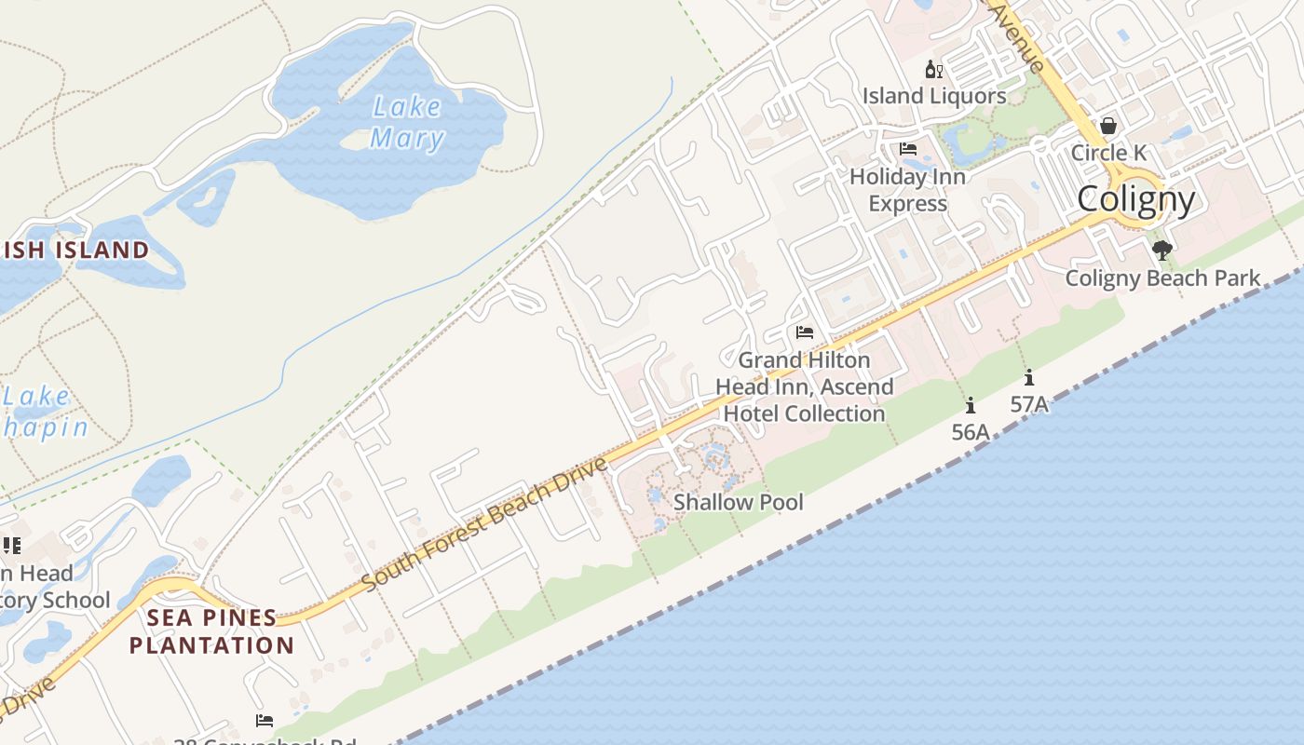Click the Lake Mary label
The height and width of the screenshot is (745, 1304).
pyautogui.click(x=406, y=122)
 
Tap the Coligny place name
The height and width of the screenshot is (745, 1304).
pyautogui.click(x=1135, y=199)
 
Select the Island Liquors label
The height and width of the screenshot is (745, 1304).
pyautogui.click(x=933, y=96)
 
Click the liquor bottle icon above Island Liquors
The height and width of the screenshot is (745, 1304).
pyautogui.click(x=933, y=70)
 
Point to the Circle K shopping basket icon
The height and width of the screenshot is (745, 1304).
pyautogui.click(x=1108, y=126)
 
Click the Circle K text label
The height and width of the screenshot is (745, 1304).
pyautogui.click(x=1108, y=153)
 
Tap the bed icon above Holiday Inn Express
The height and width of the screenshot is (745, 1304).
pyautogui.click(x=908, y=149)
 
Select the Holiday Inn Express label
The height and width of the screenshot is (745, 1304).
pyautogui.click(x=907, y=190)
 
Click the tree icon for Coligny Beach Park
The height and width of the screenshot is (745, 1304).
pyautogui.click(x=1161, y=250)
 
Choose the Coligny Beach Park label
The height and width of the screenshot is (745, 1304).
pyautogui.click(x=1161, y=278)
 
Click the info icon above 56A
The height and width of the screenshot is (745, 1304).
pyautogui.click(x=971, y=405)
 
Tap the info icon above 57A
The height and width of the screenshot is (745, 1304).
pyautogui.click(x=1029, y=377)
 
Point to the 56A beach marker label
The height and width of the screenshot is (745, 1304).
pyautogui.click(x=970, y=432)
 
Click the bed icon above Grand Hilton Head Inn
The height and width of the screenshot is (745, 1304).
pyautogui.click(x=805, y=332)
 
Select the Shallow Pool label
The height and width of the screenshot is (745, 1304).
pyautogui.click(x=738, y=503)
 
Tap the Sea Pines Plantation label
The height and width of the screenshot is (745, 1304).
pyautogui.click(x=211, y=631)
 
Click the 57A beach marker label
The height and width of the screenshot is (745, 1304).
pyautogui.click(x=1029, y=404)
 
